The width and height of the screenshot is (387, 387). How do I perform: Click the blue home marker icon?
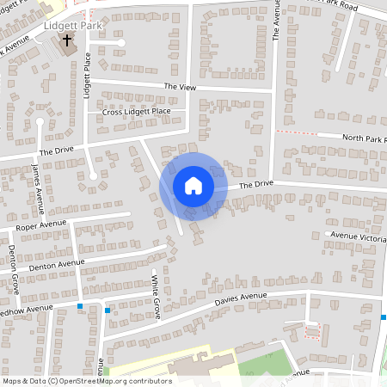tap(193, 186)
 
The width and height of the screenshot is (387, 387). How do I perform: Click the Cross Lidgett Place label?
tap(136, 112)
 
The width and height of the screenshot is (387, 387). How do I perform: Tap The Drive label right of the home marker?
tap(255, 185)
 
